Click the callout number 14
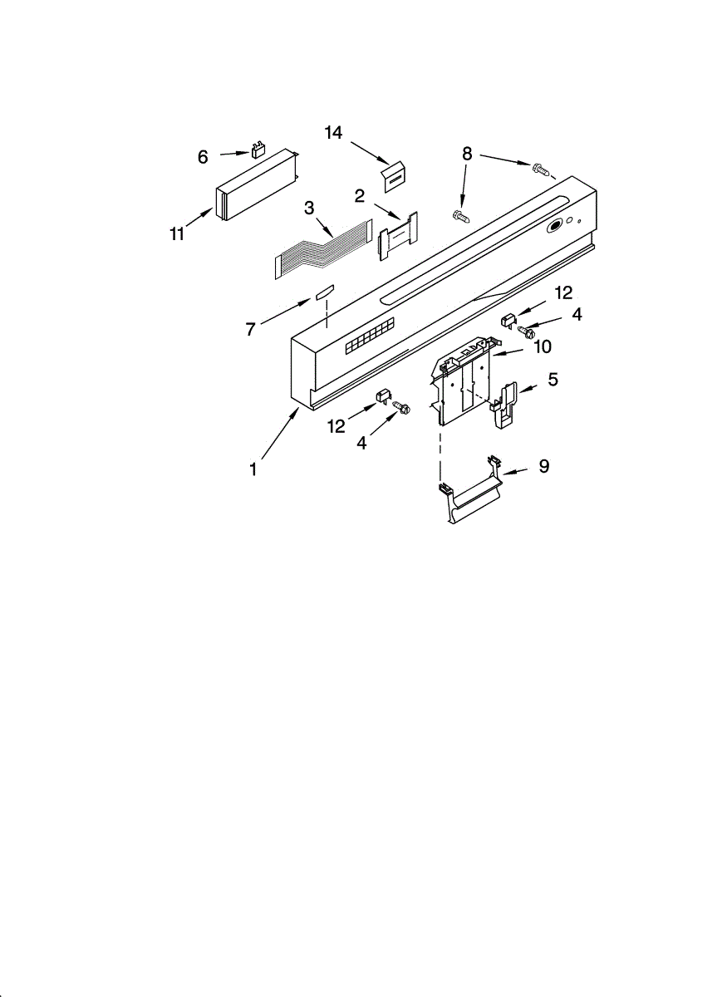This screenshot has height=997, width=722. coord(333,132)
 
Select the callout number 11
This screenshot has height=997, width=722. coord(177,233)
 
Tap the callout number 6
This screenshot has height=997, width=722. coord(203,157)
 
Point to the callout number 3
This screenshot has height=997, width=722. coord(309,208)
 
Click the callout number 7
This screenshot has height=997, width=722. coord(250,329)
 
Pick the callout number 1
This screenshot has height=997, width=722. coord(253,469)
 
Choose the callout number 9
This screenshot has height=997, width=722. coord(544,466)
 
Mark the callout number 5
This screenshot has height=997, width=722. coord(553,379)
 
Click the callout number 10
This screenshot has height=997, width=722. coord(543,346)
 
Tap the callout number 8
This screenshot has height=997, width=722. coord(466,154)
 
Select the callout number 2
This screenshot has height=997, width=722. coord(359,196)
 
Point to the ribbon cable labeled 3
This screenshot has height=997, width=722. coord(323,248)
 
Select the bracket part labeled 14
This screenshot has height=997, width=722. coord(394,177)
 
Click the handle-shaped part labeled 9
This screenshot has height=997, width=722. coord(471,489)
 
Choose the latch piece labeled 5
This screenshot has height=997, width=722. coord(505,405)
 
